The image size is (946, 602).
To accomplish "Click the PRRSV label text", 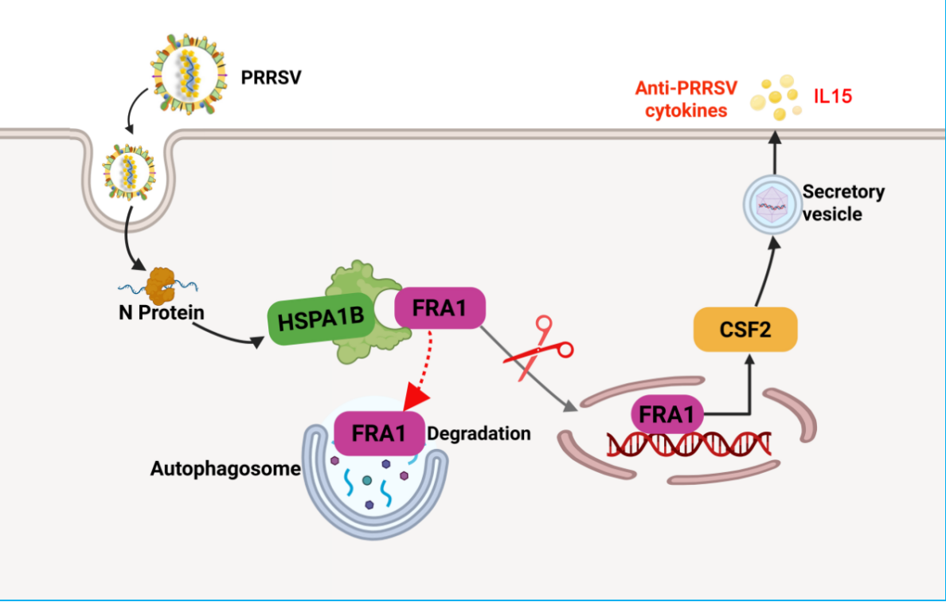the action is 271,78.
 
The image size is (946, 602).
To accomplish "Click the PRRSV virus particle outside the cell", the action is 190,74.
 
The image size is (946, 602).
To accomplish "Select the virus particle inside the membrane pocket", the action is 128,172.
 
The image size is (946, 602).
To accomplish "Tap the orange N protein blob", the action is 161,285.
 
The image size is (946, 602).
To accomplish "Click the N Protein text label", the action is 162,312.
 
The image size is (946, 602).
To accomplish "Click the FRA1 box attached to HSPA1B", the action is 440,308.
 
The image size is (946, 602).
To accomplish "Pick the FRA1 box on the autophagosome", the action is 379,433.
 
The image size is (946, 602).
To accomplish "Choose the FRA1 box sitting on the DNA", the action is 667,414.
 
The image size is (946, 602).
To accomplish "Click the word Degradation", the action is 479,433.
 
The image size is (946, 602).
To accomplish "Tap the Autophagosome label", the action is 225,469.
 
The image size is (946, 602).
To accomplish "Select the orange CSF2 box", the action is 745,330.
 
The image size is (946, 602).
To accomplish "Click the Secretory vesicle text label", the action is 843,203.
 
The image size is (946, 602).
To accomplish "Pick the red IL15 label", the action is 833,96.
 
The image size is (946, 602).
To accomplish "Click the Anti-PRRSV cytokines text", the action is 686,100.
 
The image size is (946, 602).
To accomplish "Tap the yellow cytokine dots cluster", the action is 776,97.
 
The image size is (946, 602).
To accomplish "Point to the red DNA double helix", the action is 689,444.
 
